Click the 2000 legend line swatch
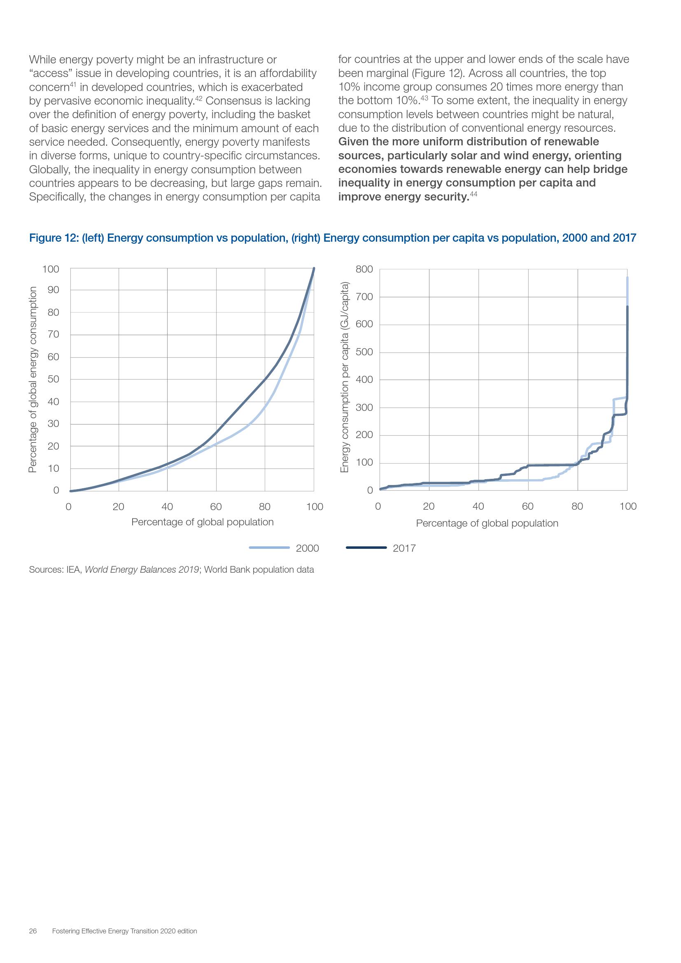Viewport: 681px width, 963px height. pos(269,547)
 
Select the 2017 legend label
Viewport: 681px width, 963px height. pos(404,548)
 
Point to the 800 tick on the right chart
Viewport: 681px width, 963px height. pos(364,269)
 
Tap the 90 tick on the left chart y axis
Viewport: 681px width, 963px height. pos(53,290)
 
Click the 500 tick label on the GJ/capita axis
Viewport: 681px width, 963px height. pos(364,352)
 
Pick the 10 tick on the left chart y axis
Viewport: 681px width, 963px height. pos(53,468)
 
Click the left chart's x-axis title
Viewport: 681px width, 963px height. pos(203,522)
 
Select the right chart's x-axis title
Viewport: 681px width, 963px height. pos(487,523)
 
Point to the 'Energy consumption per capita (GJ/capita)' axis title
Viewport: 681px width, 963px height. pos(345,378)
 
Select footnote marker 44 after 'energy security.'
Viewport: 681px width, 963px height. pos(473,194)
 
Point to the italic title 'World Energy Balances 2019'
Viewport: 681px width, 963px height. pos(142,569)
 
